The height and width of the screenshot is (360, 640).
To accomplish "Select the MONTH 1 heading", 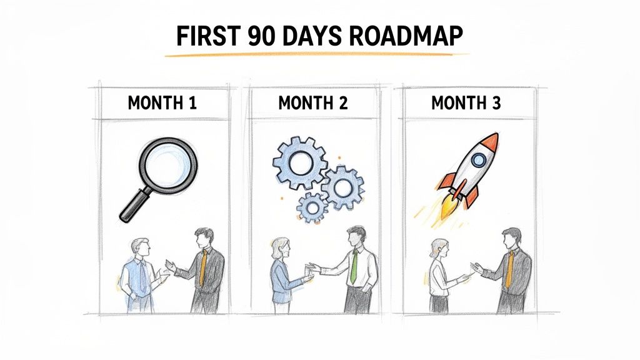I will click(162, 103).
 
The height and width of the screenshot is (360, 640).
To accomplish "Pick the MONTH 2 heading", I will click(313, 103).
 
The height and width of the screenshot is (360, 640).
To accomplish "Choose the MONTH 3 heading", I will click(466, 103).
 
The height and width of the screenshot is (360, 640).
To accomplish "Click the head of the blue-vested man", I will click(141, 247).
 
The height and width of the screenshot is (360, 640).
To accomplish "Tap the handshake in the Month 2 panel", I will click(309, 269).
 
